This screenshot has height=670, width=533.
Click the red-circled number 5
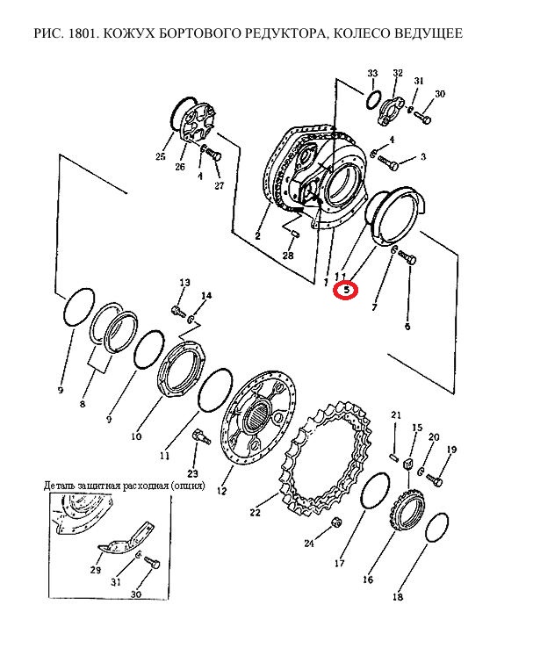click(346, 290)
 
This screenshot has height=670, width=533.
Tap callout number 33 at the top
click(372, 73)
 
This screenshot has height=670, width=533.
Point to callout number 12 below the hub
click(222, 491)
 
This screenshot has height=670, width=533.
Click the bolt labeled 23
click(201, 437)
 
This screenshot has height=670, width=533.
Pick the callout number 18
click(398, 596)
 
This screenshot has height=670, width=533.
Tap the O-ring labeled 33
click(372, 99)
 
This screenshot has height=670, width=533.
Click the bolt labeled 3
click(388, 163)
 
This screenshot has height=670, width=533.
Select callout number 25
click(161, 156)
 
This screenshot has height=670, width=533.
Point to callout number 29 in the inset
click(96, 570)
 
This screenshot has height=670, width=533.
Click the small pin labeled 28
click(296, 234)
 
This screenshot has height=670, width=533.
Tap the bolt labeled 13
click(178, 311)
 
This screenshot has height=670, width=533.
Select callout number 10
click(136, 436)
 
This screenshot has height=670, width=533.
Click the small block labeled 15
click(407, 463)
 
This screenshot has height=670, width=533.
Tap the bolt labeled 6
click(407, 257)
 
